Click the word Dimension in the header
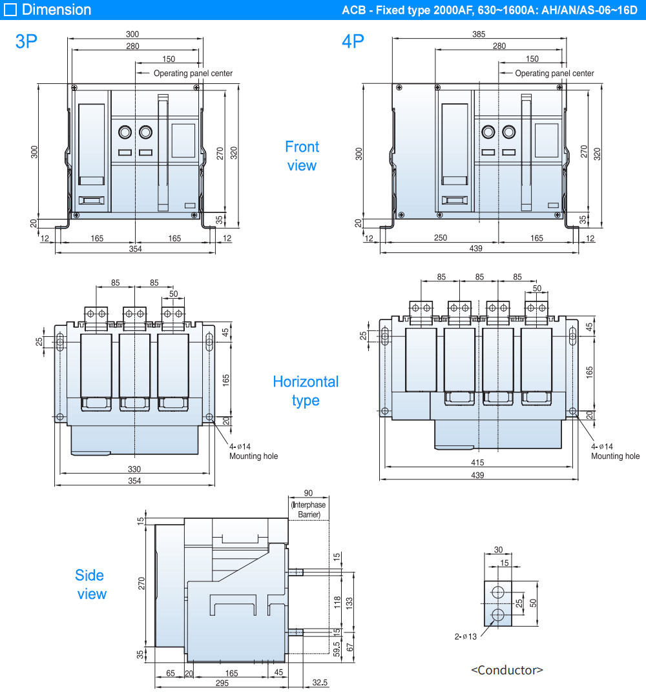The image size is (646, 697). (56, 10)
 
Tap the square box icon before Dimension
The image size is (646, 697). (10, 10)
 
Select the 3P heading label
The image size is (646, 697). (26, 41)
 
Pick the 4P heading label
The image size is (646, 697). (353, 41)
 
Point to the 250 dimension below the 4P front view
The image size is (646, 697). (440, 239)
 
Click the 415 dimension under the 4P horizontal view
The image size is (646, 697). (477, 463)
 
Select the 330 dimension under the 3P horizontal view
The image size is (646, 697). (134, 469)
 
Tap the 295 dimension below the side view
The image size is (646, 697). (221, 683)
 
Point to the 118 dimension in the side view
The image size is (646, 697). (337, 602)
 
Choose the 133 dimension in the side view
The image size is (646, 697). (349, 602)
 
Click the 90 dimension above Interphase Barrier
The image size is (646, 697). (308, 493)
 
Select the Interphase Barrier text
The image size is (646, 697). (309, 509)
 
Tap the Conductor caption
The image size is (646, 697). (506, 670)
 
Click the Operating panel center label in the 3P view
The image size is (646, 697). (193, 74)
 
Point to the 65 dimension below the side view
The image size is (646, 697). (171, 673)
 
